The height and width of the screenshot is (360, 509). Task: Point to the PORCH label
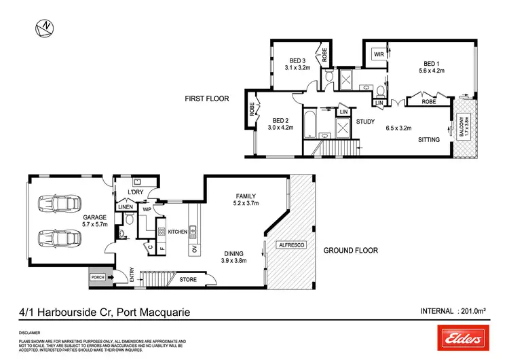(98, 277)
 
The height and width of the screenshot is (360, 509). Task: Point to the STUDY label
(366, 122)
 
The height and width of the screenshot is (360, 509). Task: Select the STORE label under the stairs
(187, 278)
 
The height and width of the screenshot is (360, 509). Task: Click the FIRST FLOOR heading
(207, 98)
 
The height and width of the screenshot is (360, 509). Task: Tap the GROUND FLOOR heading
(350, 251)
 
